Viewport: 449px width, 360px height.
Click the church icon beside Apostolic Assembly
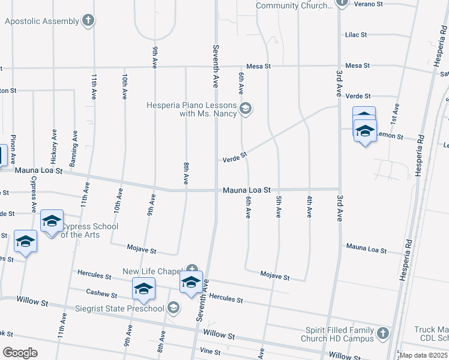point(88,21)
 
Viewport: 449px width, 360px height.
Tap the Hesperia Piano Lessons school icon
point(245,109)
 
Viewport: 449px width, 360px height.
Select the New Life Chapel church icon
point(191,271)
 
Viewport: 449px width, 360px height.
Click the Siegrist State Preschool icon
point(173,308)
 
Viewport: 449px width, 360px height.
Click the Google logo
point(20,352)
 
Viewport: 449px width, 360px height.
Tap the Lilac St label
point(356,35)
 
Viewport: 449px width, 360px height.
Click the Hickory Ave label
point(54,147)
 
